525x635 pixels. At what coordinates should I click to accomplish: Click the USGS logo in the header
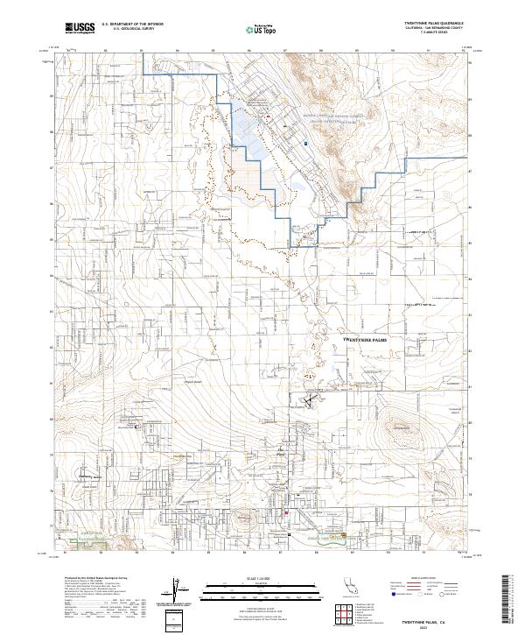(x=80, y=28)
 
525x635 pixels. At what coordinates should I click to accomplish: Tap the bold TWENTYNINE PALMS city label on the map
(x=365, y=337)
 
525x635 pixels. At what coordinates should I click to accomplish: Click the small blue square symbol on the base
(x=305, y=144)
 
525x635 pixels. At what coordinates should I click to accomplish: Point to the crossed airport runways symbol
(x=308, y=400)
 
